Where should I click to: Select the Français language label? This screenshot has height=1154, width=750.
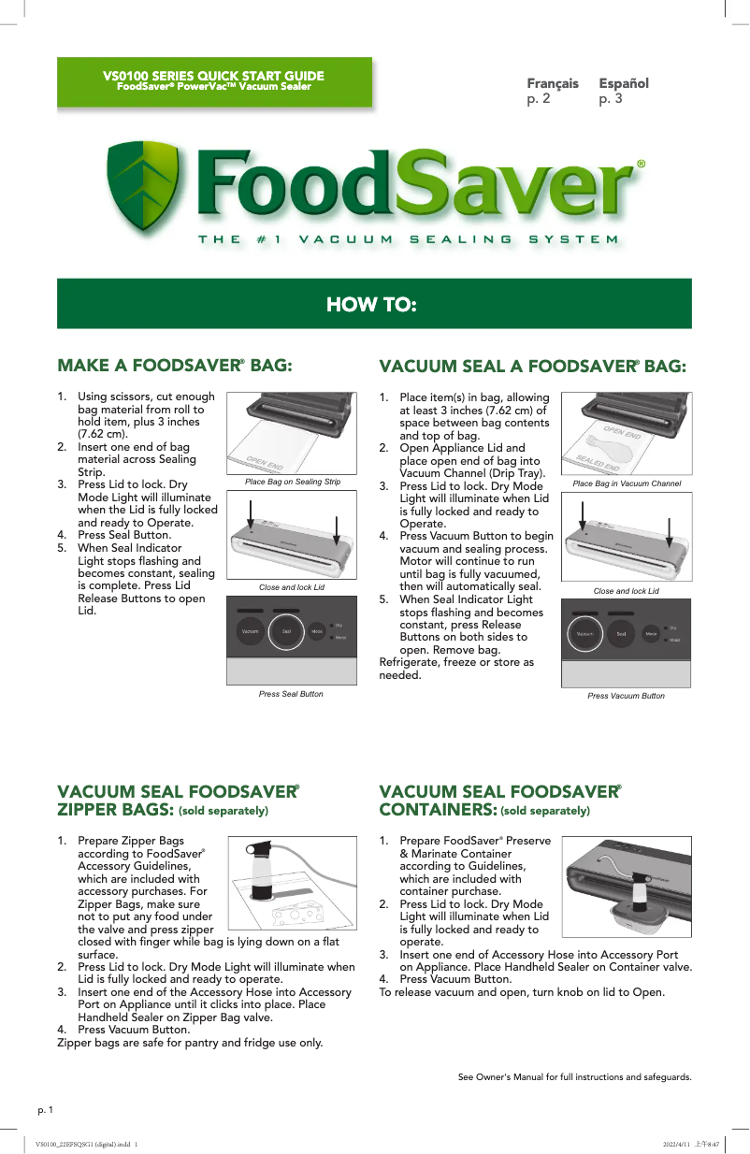click(553, 83)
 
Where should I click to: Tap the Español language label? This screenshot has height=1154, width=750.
click(624, 83)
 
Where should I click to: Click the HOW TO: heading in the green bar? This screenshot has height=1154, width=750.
click(371, 305)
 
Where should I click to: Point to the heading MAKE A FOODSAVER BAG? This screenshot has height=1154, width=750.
click(175, 365)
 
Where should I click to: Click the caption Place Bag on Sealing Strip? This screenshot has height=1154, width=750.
click(292, 482)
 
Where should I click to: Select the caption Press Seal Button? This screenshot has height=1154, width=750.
click(291, 694)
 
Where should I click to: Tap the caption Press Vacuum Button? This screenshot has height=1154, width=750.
click(626, 696)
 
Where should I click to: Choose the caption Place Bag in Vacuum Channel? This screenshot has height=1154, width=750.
click(627, 483)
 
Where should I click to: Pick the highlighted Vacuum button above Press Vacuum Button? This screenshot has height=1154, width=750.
click(585, 635)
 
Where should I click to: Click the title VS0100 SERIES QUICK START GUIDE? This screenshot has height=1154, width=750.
click(214, 76)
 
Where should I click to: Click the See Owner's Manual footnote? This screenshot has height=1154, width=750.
click(574, 1077)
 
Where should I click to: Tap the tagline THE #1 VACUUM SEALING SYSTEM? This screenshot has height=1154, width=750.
click(408, 239)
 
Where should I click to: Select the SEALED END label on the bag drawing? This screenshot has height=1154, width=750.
click(599, 459)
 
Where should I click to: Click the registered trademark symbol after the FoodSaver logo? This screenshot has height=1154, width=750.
click(641, 164)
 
